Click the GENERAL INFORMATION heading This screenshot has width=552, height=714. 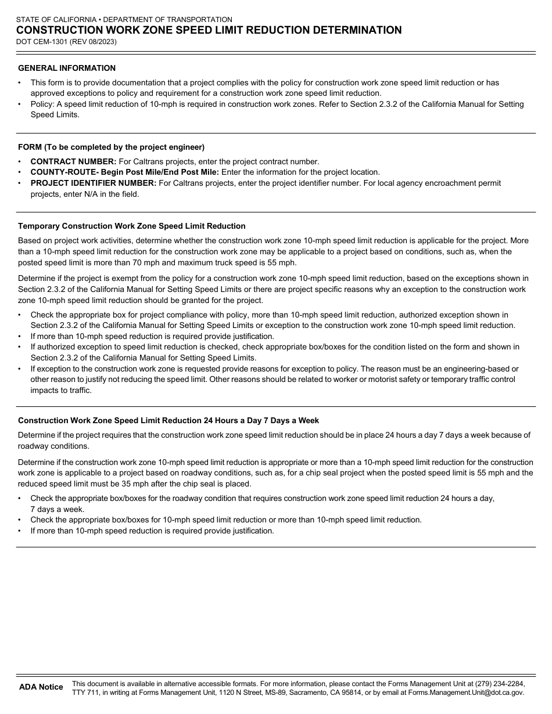[67, 68]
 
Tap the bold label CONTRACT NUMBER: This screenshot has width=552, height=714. [73, 161]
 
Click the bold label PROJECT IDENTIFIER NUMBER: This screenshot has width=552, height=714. [93, 183]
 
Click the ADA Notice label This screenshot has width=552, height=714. [41, 687]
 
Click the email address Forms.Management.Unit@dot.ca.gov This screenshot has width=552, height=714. [466, 693]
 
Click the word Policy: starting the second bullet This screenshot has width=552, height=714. [42, 104]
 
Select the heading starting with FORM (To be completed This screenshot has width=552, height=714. [111, 147]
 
